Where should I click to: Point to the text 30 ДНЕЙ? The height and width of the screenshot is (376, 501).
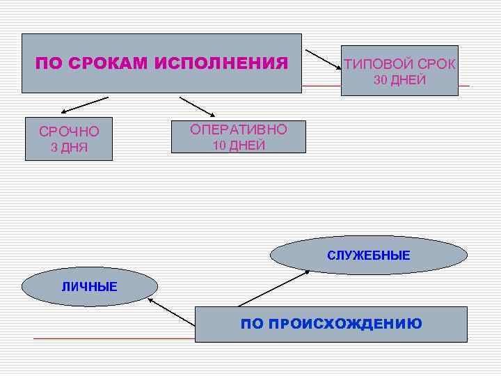[x=399, y=80]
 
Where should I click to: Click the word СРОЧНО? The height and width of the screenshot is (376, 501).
[x=69, y=132]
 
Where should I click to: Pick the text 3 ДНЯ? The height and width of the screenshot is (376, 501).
[x=69, y=148]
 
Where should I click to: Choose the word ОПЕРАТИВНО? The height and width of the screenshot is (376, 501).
[x=238, y=130]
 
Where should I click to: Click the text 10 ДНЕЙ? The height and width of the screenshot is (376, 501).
[x=238, y=146]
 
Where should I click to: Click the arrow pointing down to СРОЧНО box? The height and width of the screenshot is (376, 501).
[x=83, y=104]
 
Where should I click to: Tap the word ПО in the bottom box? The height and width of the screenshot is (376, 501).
[x=251, y=324]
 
